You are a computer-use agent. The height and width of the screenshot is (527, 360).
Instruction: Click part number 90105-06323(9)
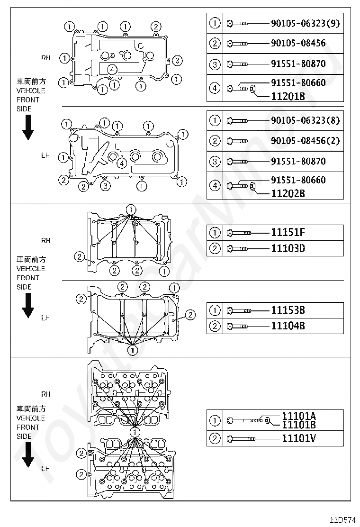(x=305, y=23)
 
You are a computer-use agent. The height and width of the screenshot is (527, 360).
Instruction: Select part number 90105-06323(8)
(x=305, y=120)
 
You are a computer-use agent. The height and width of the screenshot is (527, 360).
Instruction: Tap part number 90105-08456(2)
(x=305, y=141)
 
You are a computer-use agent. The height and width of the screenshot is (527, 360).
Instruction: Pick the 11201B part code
(x=288, y=97)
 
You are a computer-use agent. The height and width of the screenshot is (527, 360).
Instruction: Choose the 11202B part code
(x=288, y=193)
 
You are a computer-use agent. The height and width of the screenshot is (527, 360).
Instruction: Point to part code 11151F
(x=288, y=232)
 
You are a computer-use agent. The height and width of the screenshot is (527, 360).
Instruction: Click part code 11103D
(x=288, y=248)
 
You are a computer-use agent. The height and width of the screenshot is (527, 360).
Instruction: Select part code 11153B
(x=288, y=310)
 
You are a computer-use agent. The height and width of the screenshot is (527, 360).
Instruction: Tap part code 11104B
(x=288, y=326)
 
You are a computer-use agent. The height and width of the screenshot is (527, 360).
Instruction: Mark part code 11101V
(x=298, y=438)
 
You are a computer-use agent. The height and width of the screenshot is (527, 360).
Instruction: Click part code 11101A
(x=298, y=416)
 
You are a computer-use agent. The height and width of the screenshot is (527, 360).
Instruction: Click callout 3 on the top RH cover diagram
(x=177, y=60)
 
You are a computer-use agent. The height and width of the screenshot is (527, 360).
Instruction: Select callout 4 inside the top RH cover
(x=112, y=69)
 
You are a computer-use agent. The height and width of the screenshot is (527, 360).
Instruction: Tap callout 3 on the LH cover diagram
(x=105, y=185)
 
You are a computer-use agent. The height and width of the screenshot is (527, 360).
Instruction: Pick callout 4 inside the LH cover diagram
(x=122, y=163)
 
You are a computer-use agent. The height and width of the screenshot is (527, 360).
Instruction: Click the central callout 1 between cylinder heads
(x=135, y=432)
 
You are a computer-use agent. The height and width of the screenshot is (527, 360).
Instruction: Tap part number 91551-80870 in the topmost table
(x=298, y=63)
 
